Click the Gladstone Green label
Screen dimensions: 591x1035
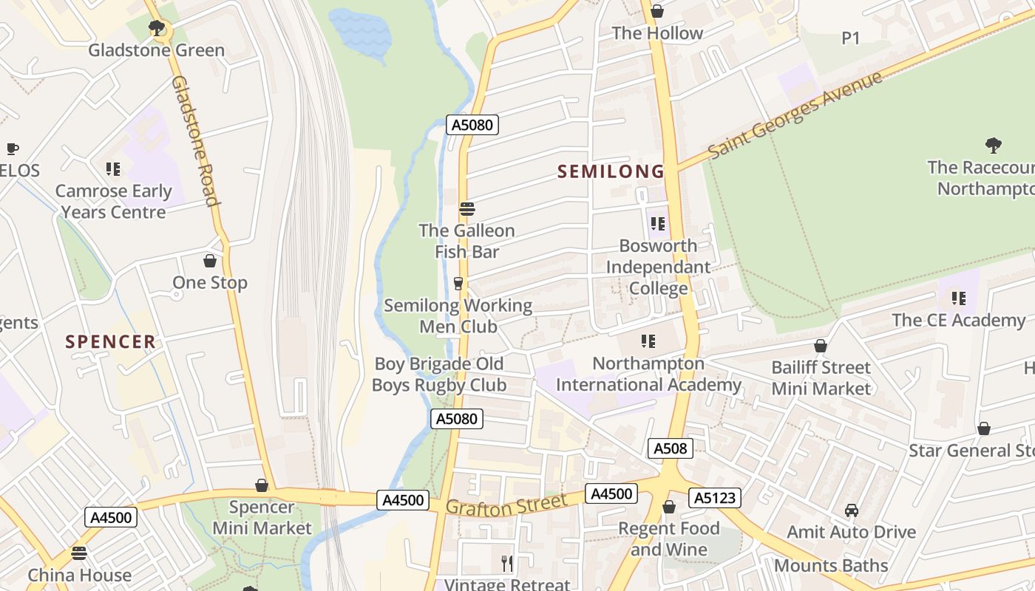pos(156,50)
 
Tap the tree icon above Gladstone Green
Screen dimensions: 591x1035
pos(156,28)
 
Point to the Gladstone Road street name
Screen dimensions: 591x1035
pos(194,140)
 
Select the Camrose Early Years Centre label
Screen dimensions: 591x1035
pos(114,202)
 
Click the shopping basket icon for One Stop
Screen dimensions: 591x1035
pos(210,261)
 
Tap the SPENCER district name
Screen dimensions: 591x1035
pos(111,341)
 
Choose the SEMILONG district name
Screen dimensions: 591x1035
pos(611,171)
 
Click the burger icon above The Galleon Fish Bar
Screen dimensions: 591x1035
pos(466,208)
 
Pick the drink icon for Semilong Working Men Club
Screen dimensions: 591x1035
pos(458,284)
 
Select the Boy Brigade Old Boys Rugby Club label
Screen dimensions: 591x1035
pos(439,375)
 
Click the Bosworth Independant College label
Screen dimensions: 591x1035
pos(658,267)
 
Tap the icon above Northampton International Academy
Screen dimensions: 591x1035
pos(648,341)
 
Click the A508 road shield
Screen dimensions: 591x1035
pos(671,448)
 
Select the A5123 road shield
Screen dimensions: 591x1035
pos(714,498)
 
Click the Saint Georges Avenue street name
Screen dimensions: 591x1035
pos(795,115)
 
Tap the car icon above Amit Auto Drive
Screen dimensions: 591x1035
pos(852,510)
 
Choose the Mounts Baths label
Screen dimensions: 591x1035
pos(831,566)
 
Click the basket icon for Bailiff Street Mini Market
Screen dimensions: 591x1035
pos(820,346)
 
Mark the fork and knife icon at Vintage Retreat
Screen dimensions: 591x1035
pos(507,564)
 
